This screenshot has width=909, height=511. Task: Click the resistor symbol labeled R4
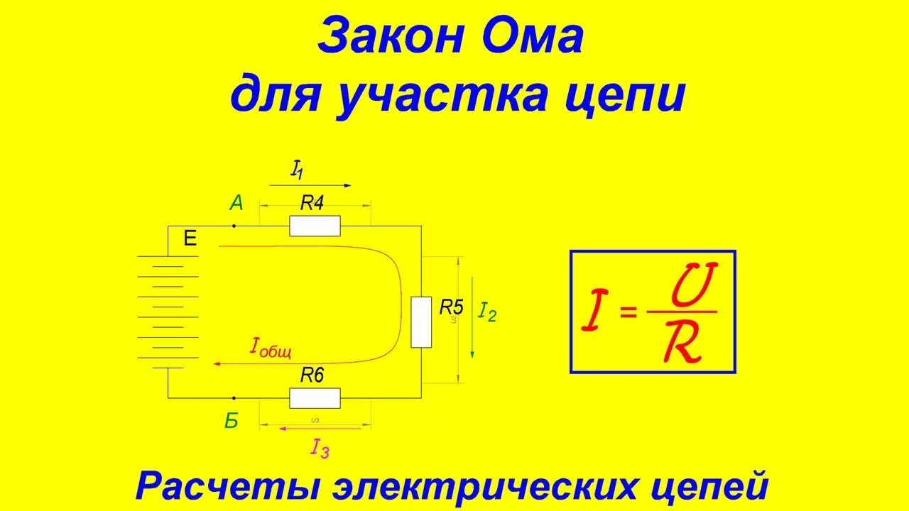[315, 226]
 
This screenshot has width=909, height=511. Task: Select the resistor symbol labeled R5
[421, 322]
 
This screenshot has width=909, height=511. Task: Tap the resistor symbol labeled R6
[315, 398]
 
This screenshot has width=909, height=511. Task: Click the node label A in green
[236, 204]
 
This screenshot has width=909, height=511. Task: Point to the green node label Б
[232, 421]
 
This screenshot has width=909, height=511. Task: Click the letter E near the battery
[190, 238]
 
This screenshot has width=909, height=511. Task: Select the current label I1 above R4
[297, 170]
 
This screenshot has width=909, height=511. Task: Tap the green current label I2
[487, 312]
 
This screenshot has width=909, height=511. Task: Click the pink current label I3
[320, 447]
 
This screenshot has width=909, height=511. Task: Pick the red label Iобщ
[271, 347]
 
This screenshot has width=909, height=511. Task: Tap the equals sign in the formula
[628, 312]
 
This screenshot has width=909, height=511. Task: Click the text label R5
[451, 307]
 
